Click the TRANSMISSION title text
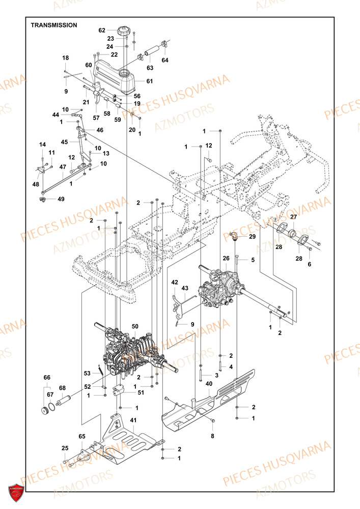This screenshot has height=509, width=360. click(x=54, y=25)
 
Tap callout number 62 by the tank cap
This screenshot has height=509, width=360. click(x=102, y=30)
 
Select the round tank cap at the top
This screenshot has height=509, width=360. click(x=123, y=31)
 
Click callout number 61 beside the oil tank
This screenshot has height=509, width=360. click(x=150, y=81)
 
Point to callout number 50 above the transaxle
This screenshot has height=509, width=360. click(x=135, y=326)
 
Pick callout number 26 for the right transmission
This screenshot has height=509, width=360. click(x=226, y=259)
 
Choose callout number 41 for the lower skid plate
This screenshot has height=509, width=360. click(x=133, y=420)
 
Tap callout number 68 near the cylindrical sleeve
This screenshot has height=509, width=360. click(x=62, y=388)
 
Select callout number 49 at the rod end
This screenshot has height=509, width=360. click(x=61, y=199)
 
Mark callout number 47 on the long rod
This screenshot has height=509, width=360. click(x=63, y=166)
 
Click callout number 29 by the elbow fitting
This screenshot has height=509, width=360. click(x=252, y=237)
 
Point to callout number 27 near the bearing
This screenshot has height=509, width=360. click(x=293, y=217)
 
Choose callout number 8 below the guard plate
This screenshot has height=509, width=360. click(x=212, y=436)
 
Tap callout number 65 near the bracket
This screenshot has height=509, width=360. click(x=82, y=437)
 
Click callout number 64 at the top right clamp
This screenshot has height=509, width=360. click(x=165, y=61)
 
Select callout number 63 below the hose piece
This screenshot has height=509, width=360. click(x=150, y=67)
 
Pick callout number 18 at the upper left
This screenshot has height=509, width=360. click(x=66, y=58)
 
